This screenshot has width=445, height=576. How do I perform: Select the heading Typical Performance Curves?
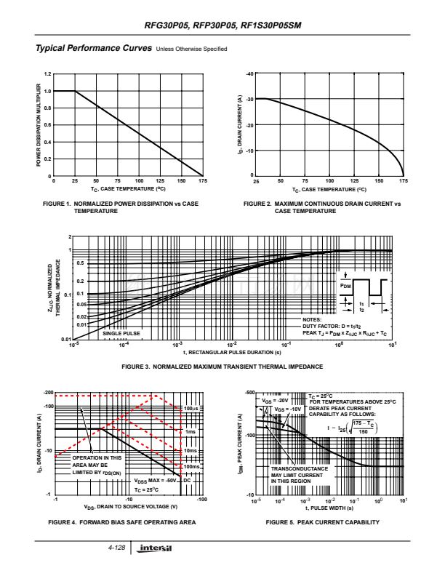pos(90,49)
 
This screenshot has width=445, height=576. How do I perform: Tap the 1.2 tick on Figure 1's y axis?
pos(47,74)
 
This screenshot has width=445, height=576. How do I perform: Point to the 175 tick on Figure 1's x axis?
pos(201,180)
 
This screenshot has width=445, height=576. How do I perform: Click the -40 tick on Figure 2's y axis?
pos(249,74)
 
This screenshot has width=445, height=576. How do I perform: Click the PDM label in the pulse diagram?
pos(345,287)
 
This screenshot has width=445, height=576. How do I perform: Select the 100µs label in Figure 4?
pos(191,409)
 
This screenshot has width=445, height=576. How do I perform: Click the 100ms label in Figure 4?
pos(191,466)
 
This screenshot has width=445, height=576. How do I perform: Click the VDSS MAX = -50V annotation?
pos(157,480)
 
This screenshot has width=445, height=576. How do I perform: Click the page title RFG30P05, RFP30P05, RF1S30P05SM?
pos(222,25)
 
